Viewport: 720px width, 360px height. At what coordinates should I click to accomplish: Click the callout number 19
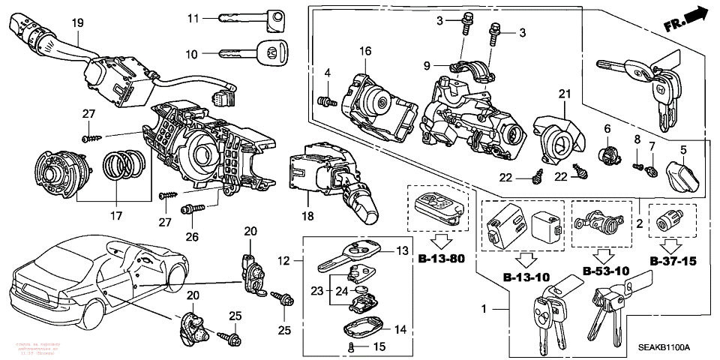(76, 24)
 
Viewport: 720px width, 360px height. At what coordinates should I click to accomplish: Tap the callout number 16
(365, 51)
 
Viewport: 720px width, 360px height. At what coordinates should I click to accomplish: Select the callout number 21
(564, 93)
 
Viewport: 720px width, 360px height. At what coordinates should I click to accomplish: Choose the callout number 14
(400, 329)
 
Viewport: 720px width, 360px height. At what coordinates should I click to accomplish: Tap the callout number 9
(426, 66)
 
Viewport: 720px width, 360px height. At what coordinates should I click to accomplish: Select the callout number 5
(683, 149)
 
